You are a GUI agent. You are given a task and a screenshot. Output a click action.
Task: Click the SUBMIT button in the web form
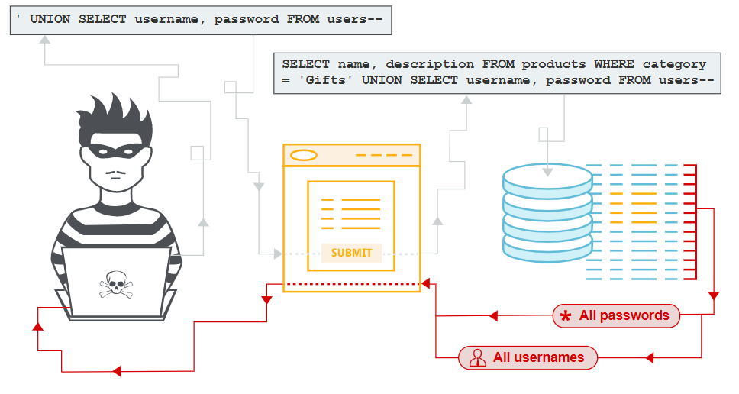351,253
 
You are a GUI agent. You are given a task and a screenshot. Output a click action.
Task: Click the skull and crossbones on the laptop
115,286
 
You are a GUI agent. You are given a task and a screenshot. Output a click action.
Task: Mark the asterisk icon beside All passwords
566,316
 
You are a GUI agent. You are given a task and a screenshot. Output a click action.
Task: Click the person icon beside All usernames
478,357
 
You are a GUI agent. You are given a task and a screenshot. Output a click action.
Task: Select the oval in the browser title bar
304,156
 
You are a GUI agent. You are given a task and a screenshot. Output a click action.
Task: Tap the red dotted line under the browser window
351,284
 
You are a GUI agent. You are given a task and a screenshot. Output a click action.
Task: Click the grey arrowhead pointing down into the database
547,171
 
